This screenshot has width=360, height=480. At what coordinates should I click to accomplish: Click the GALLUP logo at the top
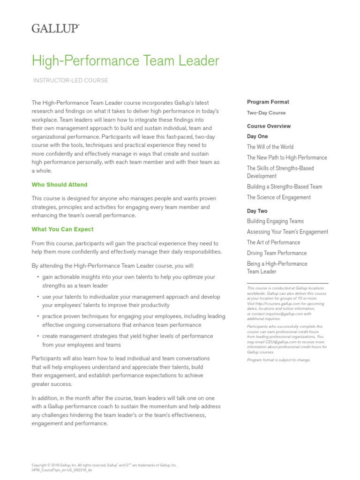[x=55, y=29]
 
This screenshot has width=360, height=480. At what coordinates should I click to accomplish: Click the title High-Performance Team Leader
[x=125, y=61]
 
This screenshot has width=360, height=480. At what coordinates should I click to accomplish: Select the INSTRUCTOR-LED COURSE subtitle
[x=70, y=81]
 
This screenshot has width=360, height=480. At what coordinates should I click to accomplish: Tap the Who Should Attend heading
[x=60, y=185]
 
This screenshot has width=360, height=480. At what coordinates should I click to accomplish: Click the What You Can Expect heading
[x=62, y=229]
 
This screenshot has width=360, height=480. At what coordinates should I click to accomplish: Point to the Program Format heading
[x=268, y=102]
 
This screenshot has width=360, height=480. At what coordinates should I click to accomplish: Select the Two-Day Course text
[x=266, y=113]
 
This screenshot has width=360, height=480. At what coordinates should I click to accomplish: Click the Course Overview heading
[x=269, y=126]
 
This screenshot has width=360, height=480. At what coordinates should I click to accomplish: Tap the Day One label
[x=257, y=136]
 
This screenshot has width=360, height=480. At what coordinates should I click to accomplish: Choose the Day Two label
[x=257, y=211]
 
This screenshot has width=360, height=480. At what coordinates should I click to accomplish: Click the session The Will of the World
[x=270, y=147]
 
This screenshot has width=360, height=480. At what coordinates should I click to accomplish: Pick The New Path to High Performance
[x=287, y=157]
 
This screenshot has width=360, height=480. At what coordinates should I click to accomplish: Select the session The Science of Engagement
[x=278, y=197]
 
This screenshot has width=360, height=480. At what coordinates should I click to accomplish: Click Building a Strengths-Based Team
[x=285, y=187]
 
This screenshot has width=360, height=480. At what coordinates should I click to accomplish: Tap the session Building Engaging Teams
[x=275, y=221]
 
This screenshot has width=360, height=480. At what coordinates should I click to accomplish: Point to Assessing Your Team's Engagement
[x=287, y=232]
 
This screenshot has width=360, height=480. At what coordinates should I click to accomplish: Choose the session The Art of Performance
[x=273, y=242]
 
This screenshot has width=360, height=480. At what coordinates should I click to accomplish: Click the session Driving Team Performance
[x=277, y=253]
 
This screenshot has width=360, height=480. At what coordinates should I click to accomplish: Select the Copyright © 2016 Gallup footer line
[x=104, y=465]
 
